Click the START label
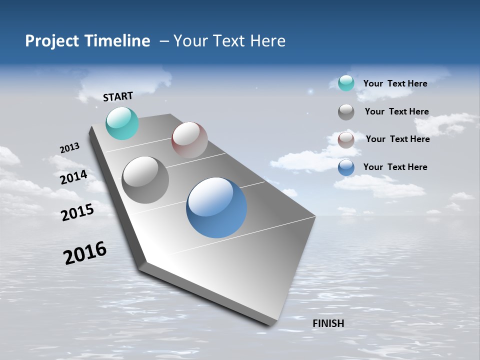tap(118, 96)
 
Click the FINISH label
tap(328, 323)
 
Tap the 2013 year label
tap(70, 148)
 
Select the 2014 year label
tap(74, 177)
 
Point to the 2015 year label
tap(77, 212)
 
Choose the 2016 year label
tap(85, 252)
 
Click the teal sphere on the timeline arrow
tap(122, 123)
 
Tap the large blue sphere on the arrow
tap(216, 207)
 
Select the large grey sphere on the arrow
tap(145, 180)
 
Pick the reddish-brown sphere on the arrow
tap(189, 139)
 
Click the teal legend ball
tap(346, 83)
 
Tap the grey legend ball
tap(346, 112)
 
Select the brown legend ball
tap(346, 140)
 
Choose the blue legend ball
tap(346, 167)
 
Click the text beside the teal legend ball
tap(395, 83)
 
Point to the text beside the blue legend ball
tap(395, 167)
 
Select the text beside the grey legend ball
tap(396, 111)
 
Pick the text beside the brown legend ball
tap(397, 139)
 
